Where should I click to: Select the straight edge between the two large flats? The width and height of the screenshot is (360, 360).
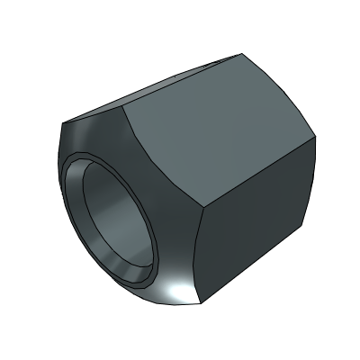point(256,171)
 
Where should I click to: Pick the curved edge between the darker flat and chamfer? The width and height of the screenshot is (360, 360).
point(201,261)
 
